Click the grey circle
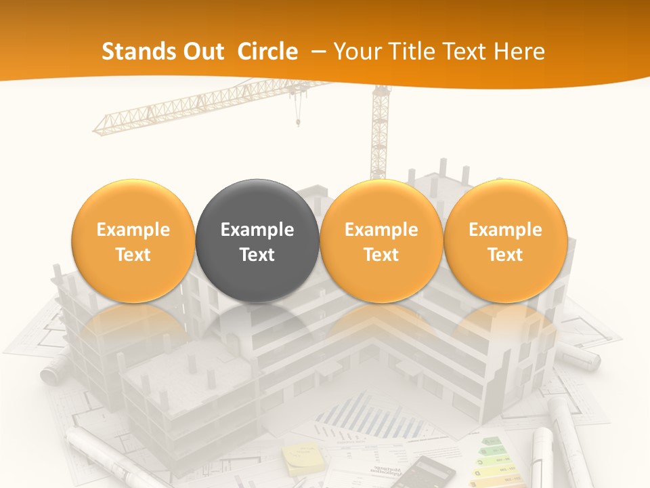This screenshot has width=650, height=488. [257, 241]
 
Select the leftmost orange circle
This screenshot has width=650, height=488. [133, 241]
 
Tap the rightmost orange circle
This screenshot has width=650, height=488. [505, 241]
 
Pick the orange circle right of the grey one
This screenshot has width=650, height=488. [381, 241]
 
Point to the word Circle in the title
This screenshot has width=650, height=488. [267, 52]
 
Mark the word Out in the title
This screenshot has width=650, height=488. [202, 52]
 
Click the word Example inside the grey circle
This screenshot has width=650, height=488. [257, 230]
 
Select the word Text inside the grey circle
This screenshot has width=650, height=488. [257, 255]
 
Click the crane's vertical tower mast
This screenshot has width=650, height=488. [380, 136]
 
